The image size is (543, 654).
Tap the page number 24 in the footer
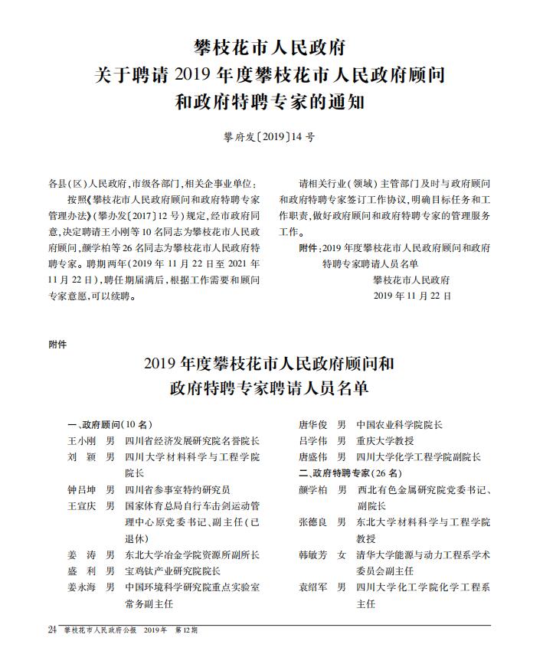click(x=52, y=629)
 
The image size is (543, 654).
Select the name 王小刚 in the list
click(x=80, y=441)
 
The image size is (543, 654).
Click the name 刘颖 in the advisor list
click(x=80, y=457)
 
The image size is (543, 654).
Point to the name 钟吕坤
click(x=80, y=489)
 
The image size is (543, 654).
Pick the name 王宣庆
click(x=80, y=506)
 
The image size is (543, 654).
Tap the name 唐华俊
click(x=312, y=424)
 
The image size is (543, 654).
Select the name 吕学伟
click(x=312, y=441)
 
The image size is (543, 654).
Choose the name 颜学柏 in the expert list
click(x=312, y=489)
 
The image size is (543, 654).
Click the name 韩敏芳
click(x=312, y=554)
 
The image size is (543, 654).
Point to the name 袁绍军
click(x=312, y=587)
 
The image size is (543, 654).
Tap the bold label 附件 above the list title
click(x=57, y=345)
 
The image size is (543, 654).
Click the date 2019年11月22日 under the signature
click(x=412, y=295)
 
